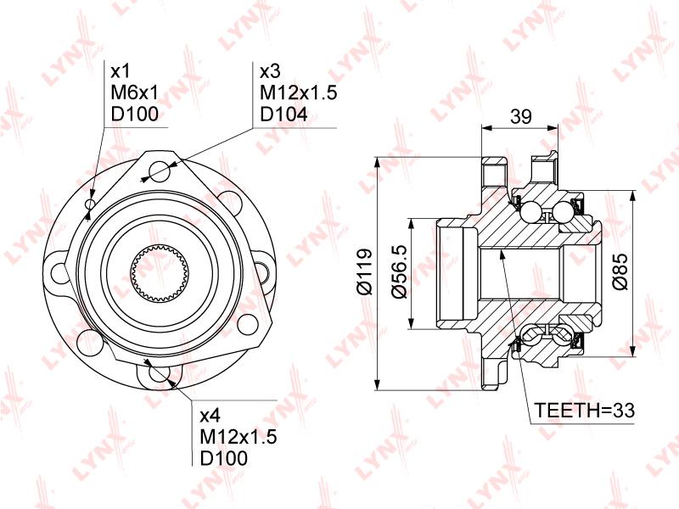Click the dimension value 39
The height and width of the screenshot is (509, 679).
click(x=520, y=116)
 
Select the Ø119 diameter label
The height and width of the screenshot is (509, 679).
click(x=364, y=271)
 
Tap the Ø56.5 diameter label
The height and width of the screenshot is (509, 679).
click(x=399, y=271)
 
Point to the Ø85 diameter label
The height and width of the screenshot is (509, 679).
click(x=620, y=271)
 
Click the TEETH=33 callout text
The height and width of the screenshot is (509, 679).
click(x=584, y=410)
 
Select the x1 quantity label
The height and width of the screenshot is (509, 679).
click(x=121, y=71)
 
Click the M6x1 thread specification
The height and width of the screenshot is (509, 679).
click(x=135, y=92)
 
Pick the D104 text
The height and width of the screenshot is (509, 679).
click(x=284, y=115)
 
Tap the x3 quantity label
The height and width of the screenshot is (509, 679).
click(x=270, y=71)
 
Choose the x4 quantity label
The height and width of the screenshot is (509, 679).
click(x=210, y=416)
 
